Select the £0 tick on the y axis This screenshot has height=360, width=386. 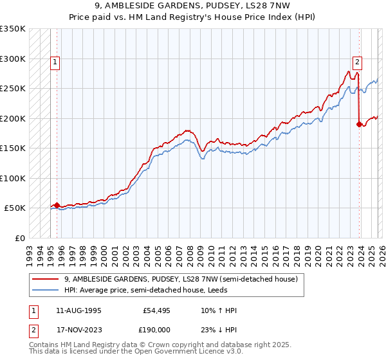[x=20, y=238]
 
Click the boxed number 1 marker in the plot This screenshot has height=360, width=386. [x=56, y=62]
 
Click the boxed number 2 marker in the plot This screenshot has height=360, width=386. [x=357, y=62]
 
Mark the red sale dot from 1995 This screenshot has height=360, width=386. [x=57, y=205]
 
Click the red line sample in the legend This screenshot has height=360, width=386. [x=46, y=280]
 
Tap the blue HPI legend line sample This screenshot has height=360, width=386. [x=46, y=291]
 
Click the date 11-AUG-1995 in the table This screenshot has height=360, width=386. [x=78, y=310]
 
